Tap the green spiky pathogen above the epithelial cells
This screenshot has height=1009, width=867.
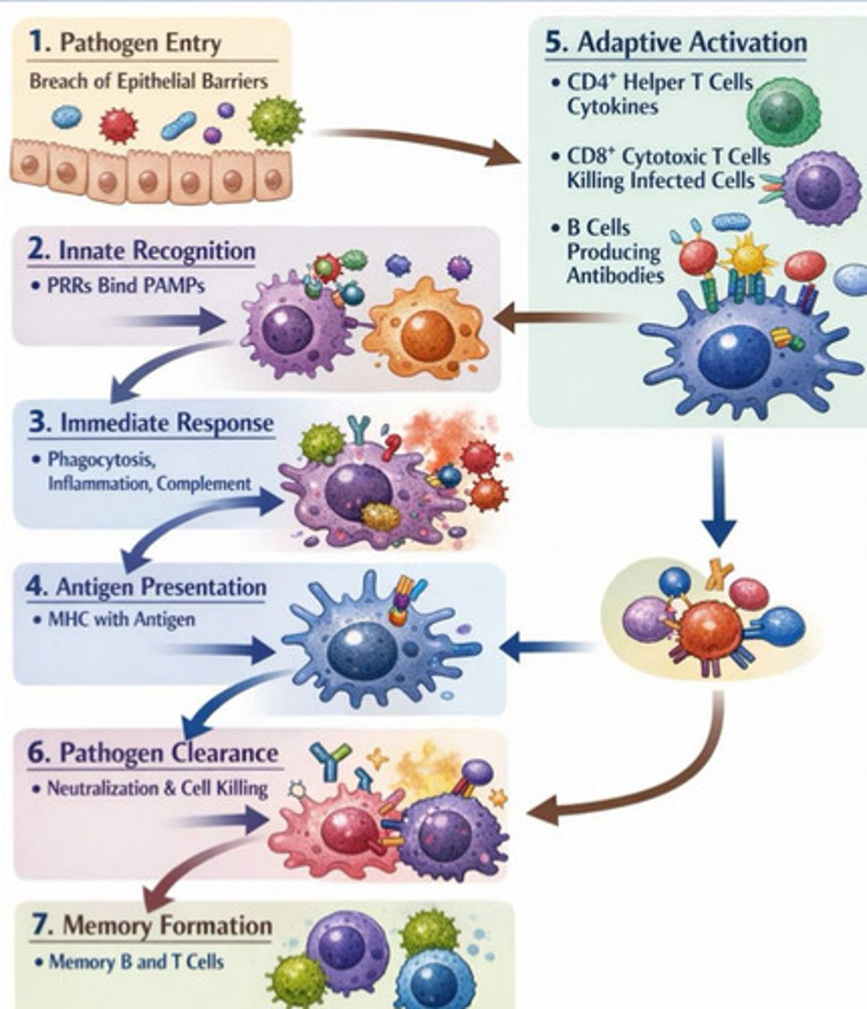pos(275,119)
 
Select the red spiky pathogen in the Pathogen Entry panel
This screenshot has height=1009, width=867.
pos(118,125)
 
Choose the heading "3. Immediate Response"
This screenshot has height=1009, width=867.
pos(151,422)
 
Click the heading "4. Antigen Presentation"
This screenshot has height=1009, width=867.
pos(146,586)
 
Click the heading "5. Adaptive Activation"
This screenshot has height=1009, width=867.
pos(675,42)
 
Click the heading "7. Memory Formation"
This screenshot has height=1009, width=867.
pos(151,926)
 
